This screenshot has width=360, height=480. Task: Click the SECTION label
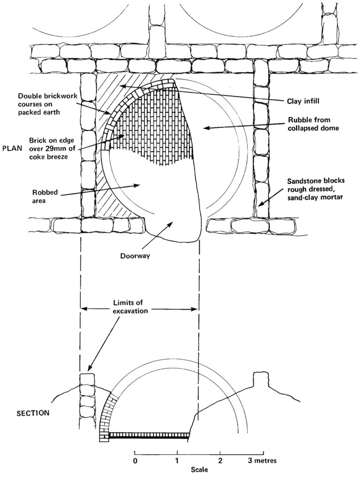tap(33, 412)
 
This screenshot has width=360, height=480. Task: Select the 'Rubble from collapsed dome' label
tap(314, 124)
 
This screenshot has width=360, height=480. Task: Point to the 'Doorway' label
tap(135, 255)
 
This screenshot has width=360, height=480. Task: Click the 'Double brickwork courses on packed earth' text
tap(39, 104)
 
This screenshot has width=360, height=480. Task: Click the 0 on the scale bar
tap(135, 460)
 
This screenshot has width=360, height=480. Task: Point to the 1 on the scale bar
tap(177, 460)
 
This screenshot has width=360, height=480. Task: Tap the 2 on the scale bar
tap(220, 460)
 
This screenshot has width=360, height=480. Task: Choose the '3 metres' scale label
tap(263, 460)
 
